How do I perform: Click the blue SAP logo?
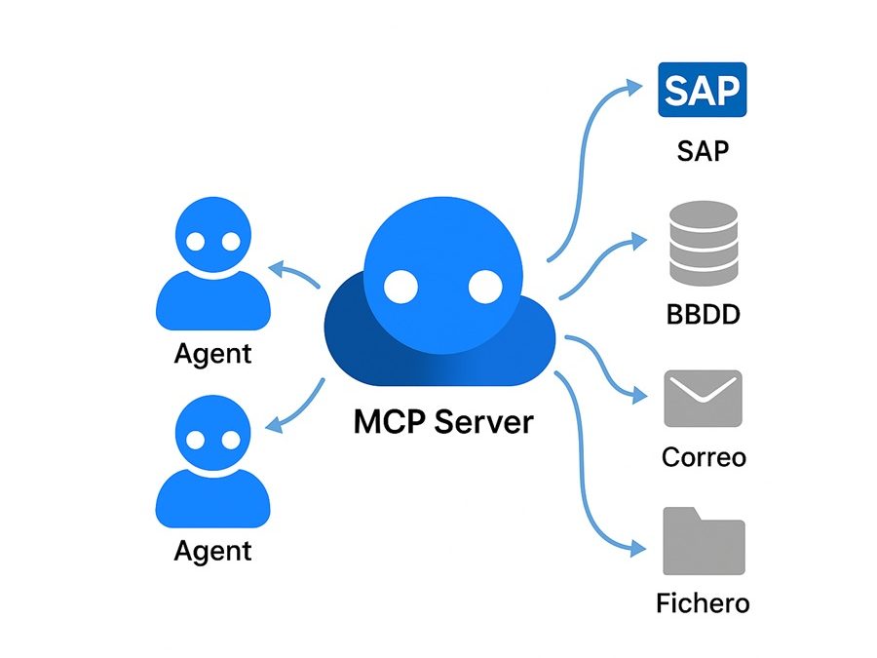click(702, 90)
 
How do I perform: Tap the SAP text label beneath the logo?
click(703, 151)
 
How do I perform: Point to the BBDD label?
click(703, 315)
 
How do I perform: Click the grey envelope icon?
click(703, 398)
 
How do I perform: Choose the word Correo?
click(703, 456)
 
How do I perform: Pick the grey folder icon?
click(704, 540)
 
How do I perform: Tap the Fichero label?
click(703, 602)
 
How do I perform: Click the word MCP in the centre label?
click(389, 422)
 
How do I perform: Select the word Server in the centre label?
click(484, 422)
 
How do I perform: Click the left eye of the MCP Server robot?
click(400, 286)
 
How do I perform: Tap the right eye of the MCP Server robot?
click(484, 286)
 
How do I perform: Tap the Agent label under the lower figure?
click(212, 551)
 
